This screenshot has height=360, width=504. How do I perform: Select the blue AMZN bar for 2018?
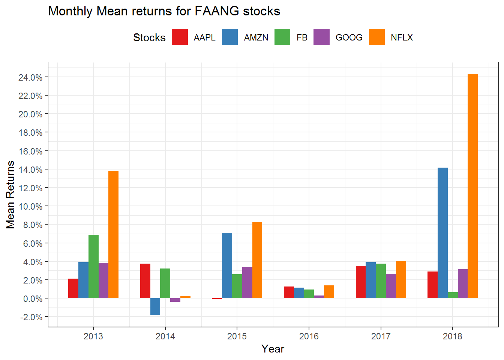tap(442, 233)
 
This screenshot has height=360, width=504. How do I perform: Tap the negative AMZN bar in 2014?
tap(155, 306)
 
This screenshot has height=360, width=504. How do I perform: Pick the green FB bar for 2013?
tap(93, 266)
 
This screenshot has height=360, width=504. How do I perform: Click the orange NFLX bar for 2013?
tap(113, 234)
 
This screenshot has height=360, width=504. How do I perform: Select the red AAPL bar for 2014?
tap(145, 281)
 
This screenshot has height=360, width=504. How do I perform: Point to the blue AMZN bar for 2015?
tap(227, 265)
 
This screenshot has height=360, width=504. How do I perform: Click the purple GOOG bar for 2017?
tap(391, 286)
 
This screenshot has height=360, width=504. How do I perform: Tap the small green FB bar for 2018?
tap(453, 295)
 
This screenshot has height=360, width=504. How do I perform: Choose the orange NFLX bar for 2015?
tap(257, 260)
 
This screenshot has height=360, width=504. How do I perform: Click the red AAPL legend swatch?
tap(180, 37)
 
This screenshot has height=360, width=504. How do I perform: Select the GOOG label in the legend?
tap(349, 37)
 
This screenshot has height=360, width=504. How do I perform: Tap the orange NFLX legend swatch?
tap(376, 37)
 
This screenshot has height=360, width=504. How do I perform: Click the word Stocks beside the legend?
tap(149, 37)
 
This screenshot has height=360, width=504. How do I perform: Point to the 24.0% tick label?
tap(30, 78)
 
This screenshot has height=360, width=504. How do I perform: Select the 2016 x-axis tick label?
tap(309, 336)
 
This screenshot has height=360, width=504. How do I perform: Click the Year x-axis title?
tap(273, 349)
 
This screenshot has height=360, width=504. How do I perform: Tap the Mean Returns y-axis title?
tap(10, 195)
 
